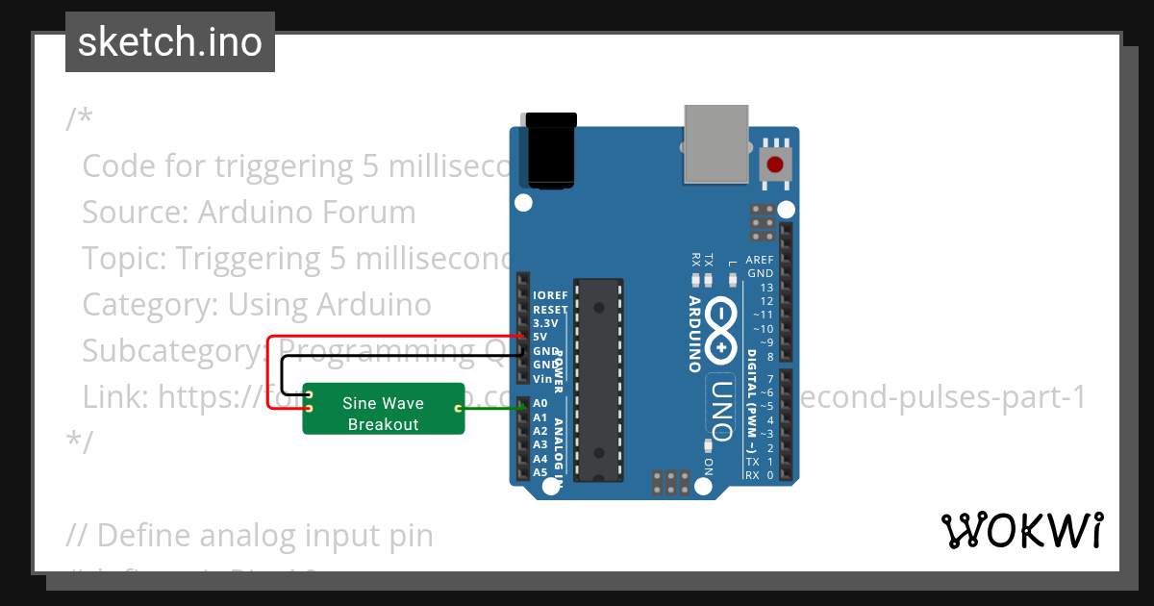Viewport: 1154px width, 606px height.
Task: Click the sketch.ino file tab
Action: [x=169, y=42]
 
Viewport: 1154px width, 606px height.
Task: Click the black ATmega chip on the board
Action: [x=598, y=380]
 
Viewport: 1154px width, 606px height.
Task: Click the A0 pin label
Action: [x=539, y=403]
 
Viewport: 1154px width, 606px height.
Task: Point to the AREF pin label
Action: [x=759, y=260]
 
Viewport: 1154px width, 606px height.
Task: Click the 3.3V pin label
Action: [x=544, y=323]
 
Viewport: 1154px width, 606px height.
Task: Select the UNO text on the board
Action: [x=723, y=408]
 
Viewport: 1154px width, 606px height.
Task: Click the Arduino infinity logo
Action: [x=724, y=328]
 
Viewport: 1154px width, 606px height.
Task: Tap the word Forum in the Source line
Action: [x=369, y=212]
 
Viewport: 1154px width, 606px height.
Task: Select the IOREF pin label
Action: [x=550, y=295]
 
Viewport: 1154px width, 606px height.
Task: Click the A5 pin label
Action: [x=539, y=472]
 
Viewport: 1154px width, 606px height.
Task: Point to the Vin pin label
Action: [x=541, y=379]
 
